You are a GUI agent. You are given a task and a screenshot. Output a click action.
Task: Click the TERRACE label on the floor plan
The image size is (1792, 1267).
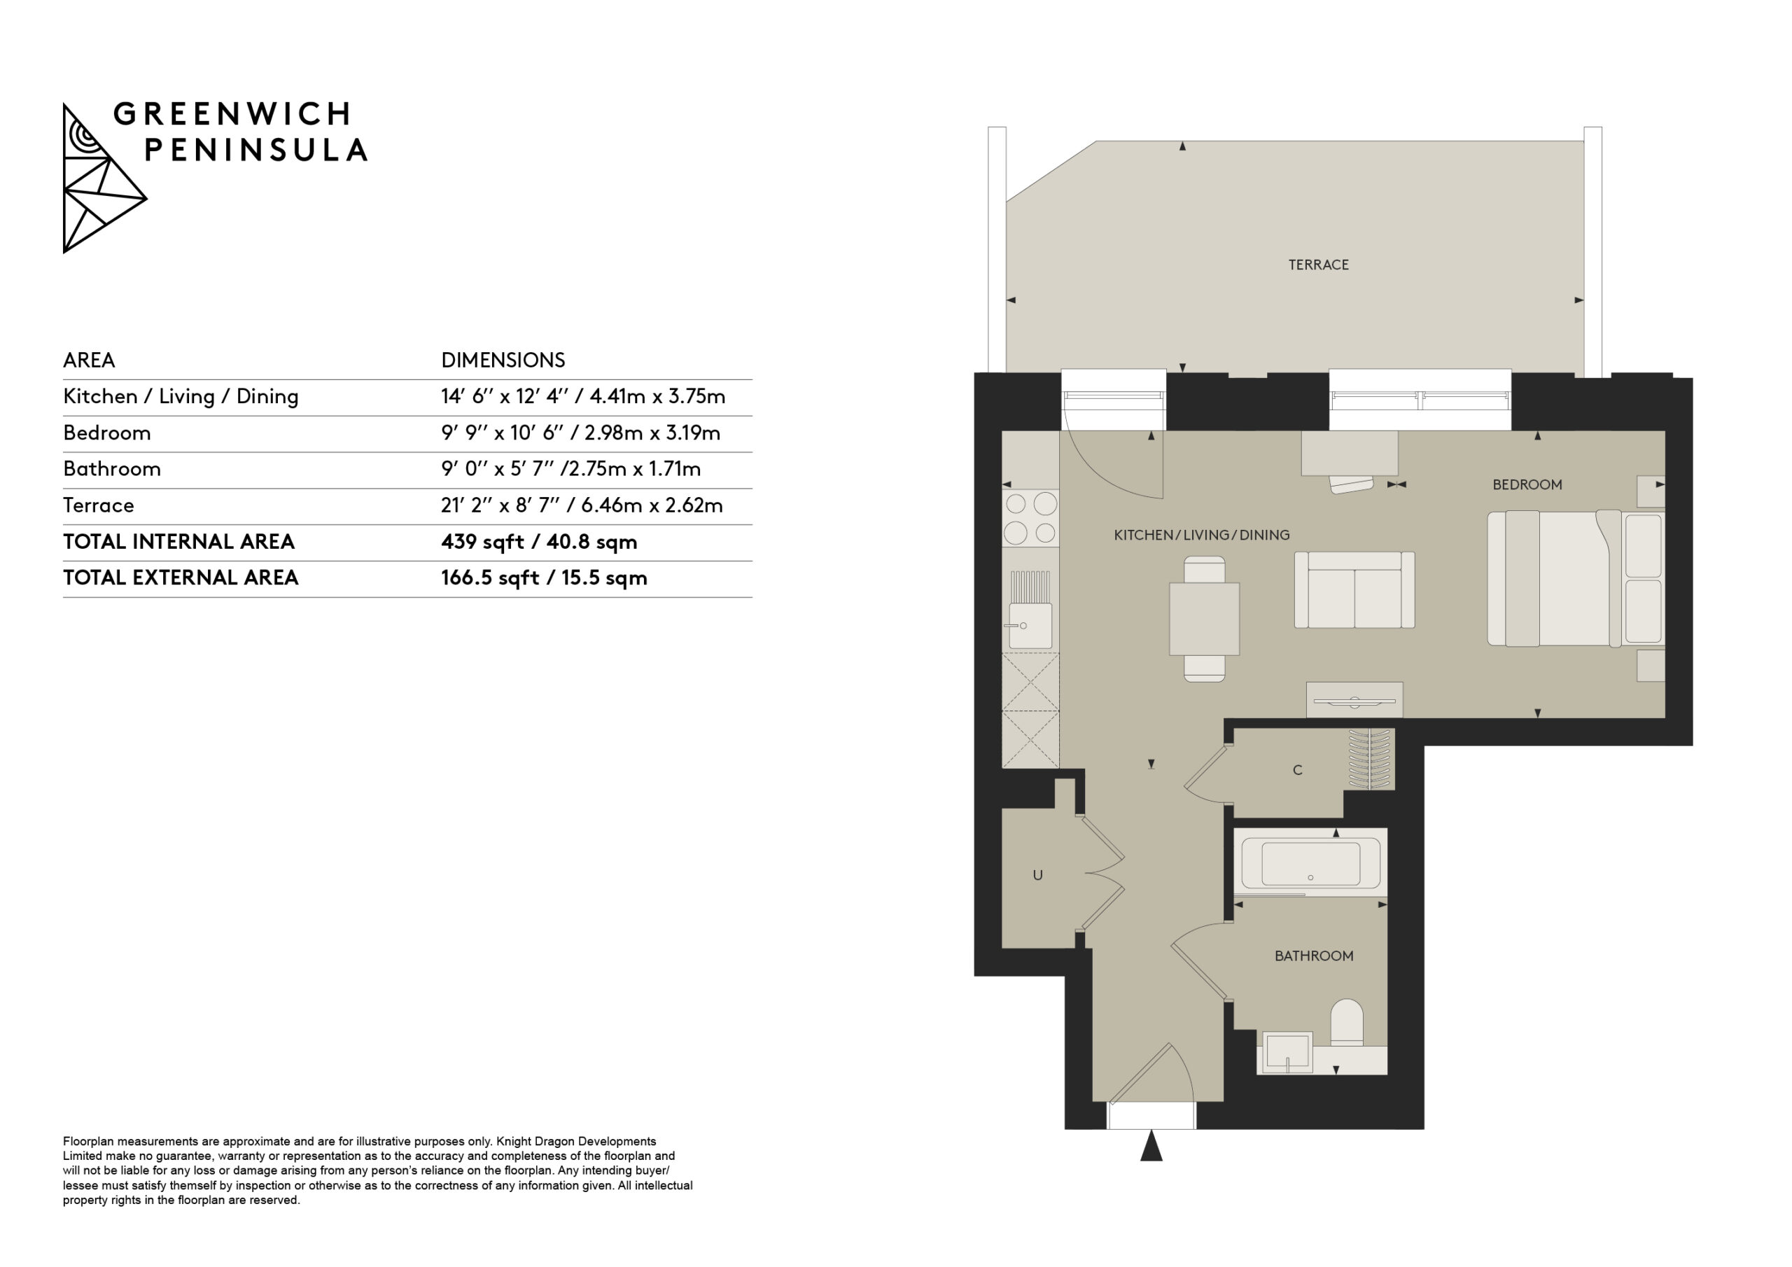1318,265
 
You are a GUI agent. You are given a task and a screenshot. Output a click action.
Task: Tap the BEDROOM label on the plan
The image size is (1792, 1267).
1527,485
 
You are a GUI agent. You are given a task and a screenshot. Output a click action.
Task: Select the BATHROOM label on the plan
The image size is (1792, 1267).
1314,955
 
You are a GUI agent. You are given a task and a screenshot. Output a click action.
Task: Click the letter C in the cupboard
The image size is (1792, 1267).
1297,770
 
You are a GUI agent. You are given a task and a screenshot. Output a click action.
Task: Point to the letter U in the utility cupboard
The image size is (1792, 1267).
1037,875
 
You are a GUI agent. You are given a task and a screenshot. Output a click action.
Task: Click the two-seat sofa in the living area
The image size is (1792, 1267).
1354,589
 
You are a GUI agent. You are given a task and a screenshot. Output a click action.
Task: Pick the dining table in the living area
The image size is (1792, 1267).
1203,618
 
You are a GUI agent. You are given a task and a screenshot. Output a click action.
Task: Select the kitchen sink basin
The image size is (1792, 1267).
1030,625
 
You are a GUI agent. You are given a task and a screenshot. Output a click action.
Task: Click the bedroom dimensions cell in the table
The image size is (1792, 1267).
580,433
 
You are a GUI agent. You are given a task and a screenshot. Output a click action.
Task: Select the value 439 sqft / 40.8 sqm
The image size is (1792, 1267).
538,542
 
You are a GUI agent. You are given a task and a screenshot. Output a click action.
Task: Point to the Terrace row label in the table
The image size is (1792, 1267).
98,506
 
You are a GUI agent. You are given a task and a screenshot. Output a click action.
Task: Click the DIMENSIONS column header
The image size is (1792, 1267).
503,360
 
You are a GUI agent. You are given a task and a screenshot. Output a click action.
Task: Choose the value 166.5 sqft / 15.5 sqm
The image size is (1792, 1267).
544,577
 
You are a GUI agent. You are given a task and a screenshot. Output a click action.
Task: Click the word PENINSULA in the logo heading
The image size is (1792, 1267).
256,150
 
